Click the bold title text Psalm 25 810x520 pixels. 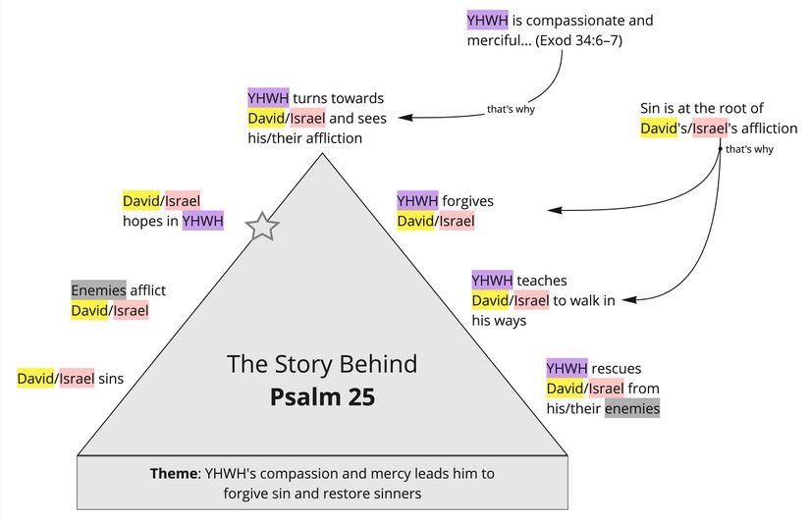point(322,398)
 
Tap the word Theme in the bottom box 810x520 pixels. point(173,473)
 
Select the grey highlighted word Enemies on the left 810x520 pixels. point(98,289)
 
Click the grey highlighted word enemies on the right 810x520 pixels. point(631,408)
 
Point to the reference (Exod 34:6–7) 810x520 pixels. point(578,41)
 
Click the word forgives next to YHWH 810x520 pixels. point(467,201)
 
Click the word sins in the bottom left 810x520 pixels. point(110,378)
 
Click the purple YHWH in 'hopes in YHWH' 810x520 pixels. point(202,222)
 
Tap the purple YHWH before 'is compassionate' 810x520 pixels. point(488,20)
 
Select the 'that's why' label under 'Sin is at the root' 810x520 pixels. point(749,150)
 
